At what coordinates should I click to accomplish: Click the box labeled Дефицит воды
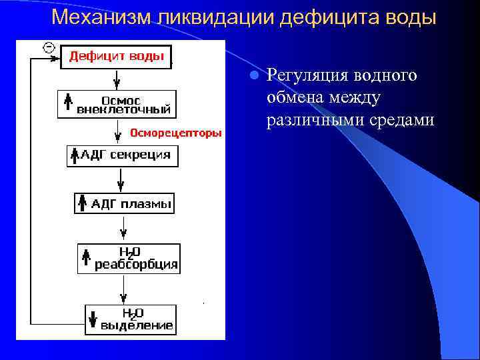coord(117,56)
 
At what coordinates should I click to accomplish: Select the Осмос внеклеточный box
coord(117,103)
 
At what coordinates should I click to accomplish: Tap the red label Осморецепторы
coord(176,133)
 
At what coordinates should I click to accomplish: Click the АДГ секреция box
coord(120,155)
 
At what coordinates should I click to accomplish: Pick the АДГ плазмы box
coord(124,203)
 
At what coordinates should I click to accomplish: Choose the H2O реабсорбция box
coord(128,258)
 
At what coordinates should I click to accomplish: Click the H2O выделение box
coord(131,319)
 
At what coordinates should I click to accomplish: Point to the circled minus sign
coord(48,47)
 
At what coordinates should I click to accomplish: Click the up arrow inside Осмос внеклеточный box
coord(67,103)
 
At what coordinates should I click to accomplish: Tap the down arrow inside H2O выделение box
coord(93,319)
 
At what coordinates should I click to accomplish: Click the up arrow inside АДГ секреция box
coord(75,156)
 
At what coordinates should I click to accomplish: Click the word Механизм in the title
coord(102,17)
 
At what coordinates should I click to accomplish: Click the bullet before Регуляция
coord(253,76)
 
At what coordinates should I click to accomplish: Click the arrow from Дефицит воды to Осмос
coord(117,79)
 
